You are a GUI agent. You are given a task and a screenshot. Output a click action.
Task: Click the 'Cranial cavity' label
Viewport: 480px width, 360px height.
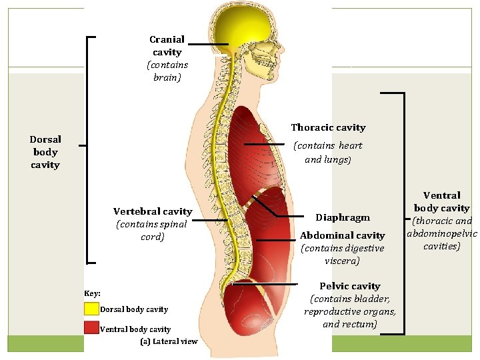(x=167, y=46)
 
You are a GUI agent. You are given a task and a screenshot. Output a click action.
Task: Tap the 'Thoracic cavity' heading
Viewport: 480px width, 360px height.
(x=328, y=127)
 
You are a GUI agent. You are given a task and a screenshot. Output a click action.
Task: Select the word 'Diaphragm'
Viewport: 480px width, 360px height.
(x=343, y=217)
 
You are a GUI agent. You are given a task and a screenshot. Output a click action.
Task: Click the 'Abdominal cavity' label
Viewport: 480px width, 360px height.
(x=342, y=235)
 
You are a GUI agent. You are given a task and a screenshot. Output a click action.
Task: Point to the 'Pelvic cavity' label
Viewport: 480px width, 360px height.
(x=349, y=286)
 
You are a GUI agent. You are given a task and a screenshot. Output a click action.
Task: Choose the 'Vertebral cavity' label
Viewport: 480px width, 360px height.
(x=153, y=211)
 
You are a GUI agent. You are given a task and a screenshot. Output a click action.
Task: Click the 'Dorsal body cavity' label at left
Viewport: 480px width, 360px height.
(x=45, y=152)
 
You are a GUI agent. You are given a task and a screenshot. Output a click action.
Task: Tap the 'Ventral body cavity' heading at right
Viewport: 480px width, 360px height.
(x=442, y=201)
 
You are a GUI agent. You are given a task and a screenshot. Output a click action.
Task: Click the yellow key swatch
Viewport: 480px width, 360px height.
(x=91, y=309)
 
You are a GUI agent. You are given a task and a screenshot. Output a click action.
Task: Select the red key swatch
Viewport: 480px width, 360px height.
(x=91, y=328)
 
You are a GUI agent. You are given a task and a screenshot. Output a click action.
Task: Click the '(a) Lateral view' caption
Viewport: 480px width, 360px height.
(x=169, y=341)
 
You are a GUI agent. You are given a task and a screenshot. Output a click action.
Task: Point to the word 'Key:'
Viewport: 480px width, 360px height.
(x=93, y=293)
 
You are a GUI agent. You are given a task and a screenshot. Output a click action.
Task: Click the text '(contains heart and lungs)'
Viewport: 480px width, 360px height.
(x=328, y=153)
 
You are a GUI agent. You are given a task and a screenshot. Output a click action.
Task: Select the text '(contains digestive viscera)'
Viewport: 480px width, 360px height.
(x=343, y=255)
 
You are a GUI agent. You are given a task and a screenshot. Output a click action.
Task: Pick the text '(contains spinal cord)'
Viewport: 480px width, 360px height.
(x=151, y=231)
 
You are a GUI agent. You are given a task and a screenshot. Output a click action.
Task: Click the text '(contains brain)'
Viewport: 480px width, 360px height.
(x=167, y=71)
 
